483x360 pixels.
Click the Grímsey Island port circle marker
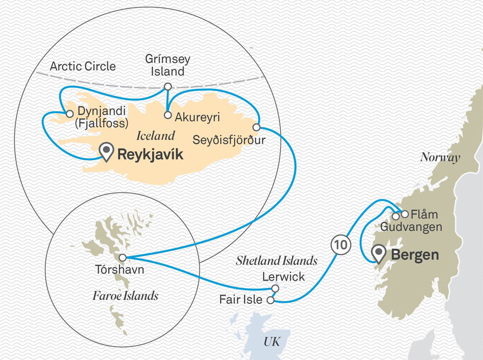pyautogui.click(x=168, y=86)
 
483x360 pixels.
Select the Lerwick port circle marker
pyautogui.click(x=275, y=289)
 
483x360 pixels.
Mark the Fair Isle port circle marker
pyautogui.click(x=271, y=300)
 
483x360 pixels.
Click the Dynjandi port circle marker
pyautogui.click(x=69, y=114)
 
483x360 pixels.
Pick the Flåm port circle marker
pyautogui.click(x=404, y=214)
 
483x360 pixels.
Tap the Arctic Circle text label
pyautogui.click(x=83, y=66)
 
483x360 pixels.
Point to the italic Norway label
pyautogui.click(x=440, y=157)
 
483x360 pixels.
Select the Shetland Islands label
pyautogui.click(x=277, y=261)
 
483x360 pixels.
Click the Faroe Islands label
pyautogui.click(x=125, y=296)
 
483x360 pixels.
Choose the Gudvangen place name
pyautogui.click(x=411, y=227)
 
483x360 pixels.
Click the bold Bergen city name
pyautogui.click(x=415, y=255)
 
